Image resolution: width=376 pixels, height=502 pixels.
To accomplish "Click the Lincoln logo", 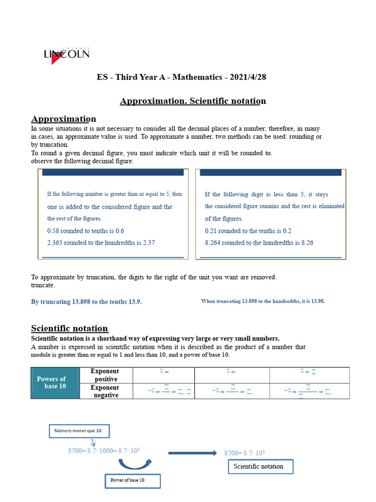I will [67, 54].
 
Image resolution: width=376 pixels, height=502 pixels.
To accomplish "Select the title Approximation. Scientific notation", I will [193, 101].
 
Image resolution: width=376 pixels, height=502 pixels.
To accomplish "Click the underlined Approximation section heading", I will [64, 119].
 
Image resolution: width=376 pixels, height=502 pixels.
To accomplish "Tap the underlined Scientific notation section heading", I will [70, 328].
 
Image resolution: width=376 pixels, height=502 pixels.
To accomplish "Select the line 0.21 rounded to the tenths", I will [248, 230].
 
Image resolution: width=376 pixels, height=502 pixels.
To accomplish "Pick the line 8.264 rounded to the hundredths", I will [259, 243].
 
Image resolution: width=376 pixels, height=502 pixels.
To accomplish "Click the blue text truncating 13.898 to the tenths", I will [87, 301].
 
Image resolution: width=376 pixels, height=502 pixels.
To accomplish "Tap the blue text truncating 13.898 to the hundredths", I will [263, 301].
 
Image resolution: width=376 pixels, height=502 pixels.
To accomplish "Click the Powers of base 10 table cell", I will [55, 382].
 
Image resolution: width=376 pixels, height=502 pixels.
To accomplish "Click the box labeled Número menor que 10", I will [79, 431].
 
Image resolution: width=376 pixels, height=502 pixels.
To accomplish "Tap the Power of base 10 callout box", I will [132, 480].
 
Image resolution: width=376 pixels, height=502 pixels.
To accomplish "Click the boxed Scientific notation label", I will [260, 466].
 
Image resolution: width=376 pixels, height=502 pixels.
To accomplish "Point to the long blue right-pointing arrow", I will [192, 453].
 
